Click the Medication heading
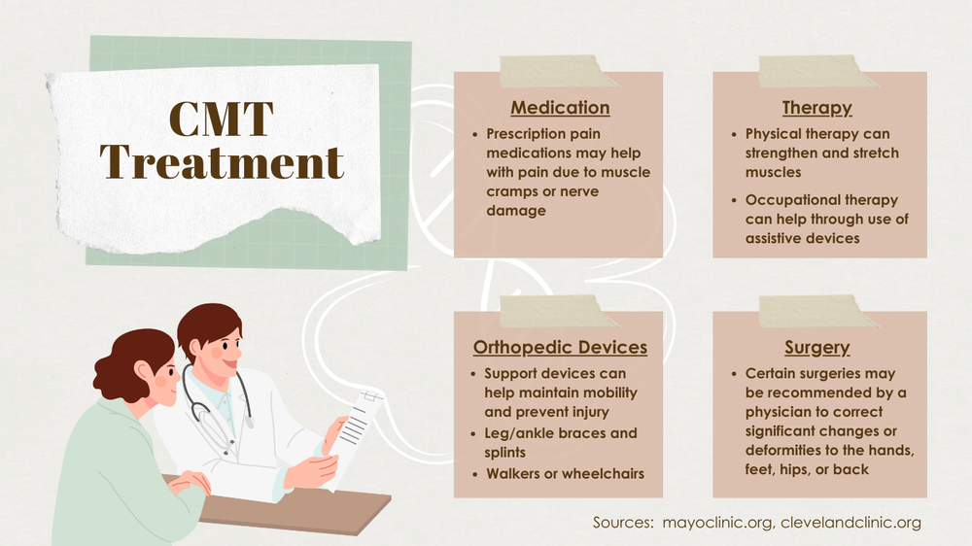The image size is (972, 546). pos(560,108)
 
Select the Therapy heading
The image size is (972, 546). pos(817,108)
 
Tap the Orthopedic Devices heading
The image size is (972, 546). pos(560,347)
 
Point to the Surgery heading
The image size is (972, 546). pos(817,347)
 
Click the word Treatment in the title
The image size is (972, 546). pos(223,160)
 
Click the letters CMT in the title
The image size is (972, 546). pos(222,119)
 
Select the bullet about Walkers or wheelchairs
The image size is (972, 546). pos(564,474)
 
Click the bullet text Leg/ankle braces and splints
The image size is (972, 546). pos(561,441)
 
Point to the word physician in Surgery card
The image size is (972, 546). pos(783,412)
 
